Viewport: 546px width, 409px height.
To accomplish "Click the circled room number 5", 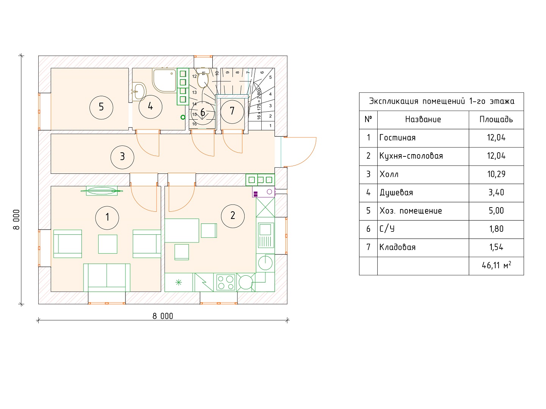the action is click(101, 108).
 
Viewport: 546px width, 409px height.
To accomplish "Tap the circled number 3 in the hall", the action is click(122, 157).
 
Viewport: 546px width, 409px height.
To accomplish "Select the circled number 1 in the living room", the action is click(107, 218).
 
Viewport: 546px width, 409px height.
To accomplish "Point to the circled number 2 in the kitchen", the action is click(232, 216).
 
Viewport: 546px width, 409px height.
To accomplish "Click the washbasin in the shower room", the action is click(138, 91).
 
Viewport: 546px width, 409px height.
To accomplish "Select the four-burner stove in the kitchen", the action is click(226, 283).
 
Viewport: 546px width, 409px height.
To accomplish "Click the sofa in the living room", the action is click(107, 277).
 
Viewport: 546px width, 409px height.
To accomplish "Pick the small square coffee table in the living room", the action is click(107, 244).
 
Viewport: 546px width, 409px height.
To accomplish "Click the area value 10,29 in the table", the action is click(496, 174).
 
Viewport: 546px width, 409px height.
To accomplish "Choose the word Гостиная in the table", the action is click(397, 138).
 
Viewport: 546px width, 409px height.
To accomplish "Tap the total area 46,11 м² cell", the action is click(496, 265).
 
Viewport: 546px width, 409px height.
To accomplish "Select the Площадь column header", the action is click(496, 120).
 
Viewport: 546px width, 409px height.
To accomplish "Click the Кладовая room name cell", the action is click(397, 247).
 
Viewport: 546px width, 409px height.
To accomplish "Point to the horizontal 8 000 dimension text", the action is click(163, 316).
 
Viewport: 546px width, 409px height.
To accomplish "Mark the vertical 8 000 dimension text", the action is click(16, 220).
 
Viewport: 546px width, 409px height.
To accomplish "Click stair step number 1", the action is click(270, 126).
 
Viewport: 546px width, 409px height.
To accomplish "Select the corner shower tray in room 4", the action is click(164, 80).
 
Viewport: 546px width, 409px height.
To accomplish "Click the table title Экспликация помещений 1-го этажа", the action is click(441, 101).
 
